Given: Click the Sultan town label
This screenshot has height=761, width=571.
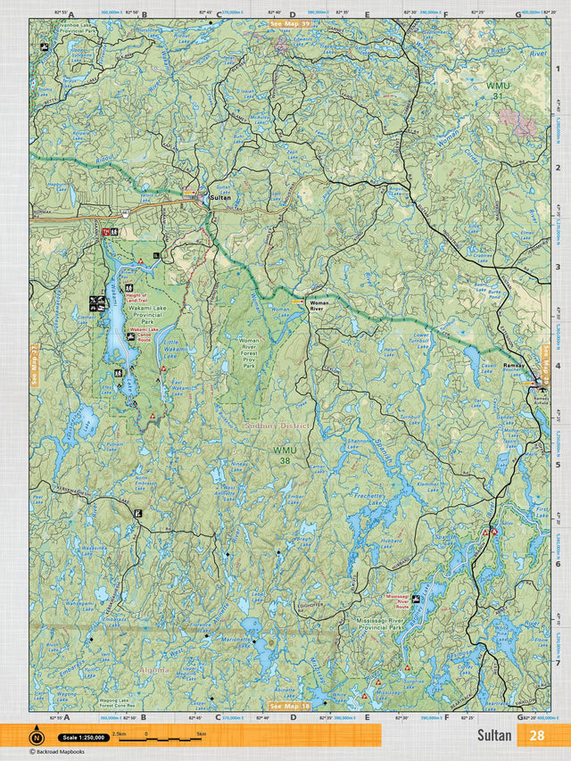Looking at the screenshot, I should [x=220, y=199].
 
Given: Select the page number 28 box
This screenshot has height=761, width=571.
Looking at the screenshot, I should [x=536, y=736].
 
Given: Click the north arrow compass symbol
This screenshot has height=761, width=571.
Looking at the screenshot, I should [x=37, y=737].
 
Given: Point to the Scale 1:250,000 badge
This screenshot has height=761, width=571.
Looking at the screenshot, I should [x=83, y=738].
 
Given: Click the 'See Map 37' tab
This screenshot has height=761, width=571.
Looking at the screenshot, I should [x=290, y=24].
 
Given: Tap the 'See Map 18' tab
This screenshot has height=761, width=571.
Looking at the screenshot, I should [x=290, y=706].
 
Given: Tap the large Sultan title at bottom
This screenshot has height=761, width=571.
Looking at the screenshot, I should [x=493, y=736].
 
